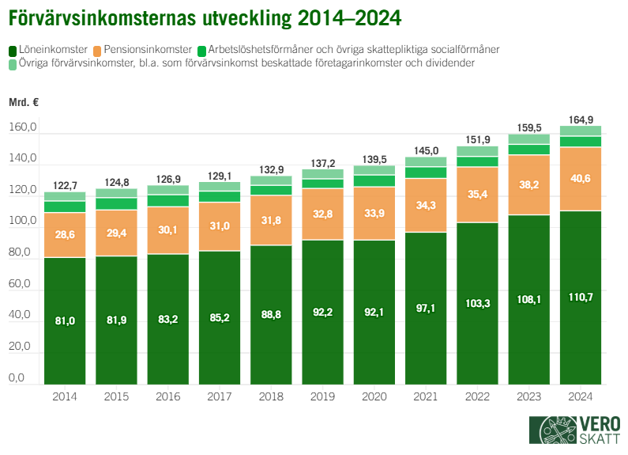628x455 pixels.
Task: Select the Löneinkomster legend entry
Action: click(x=51, y=49)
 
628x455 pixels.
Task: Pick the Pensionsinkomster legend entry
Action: click(x=147, y=49)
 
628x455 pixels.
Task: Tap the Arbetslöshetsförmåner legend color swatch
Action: click(x=203, y=50)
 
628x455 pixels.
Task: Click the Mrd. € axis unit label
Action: click(x=24, y=102)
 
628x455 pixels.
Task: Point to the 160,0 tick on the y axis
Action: click(x=22, y=128)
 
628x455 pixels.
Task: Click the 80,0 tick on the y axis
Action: click(x=22, y=253)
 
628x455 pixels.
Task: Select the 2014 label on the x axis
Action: click(x=65, y=395)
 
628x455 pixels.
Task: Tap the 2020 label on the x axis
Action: click(x=374, y=395)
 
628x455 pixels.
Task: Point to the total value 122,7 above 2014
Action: click(x=65, y=186)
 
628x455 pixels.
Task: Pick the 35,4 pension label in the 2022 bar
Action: click(x=477, y=194)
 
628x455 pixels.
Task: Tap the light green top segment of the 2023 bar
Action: click(x=529, y=139)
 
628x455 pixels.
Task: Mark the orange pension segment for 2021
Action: click(x=426, y=205)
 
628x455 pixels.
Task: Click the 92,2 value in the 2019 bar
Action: click(x=322, y=312)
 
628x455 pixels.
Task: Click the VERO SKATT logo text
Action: click(x=599, y=430)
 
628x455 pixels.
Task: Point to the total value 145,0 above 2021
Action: click(x=426, y=150)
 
